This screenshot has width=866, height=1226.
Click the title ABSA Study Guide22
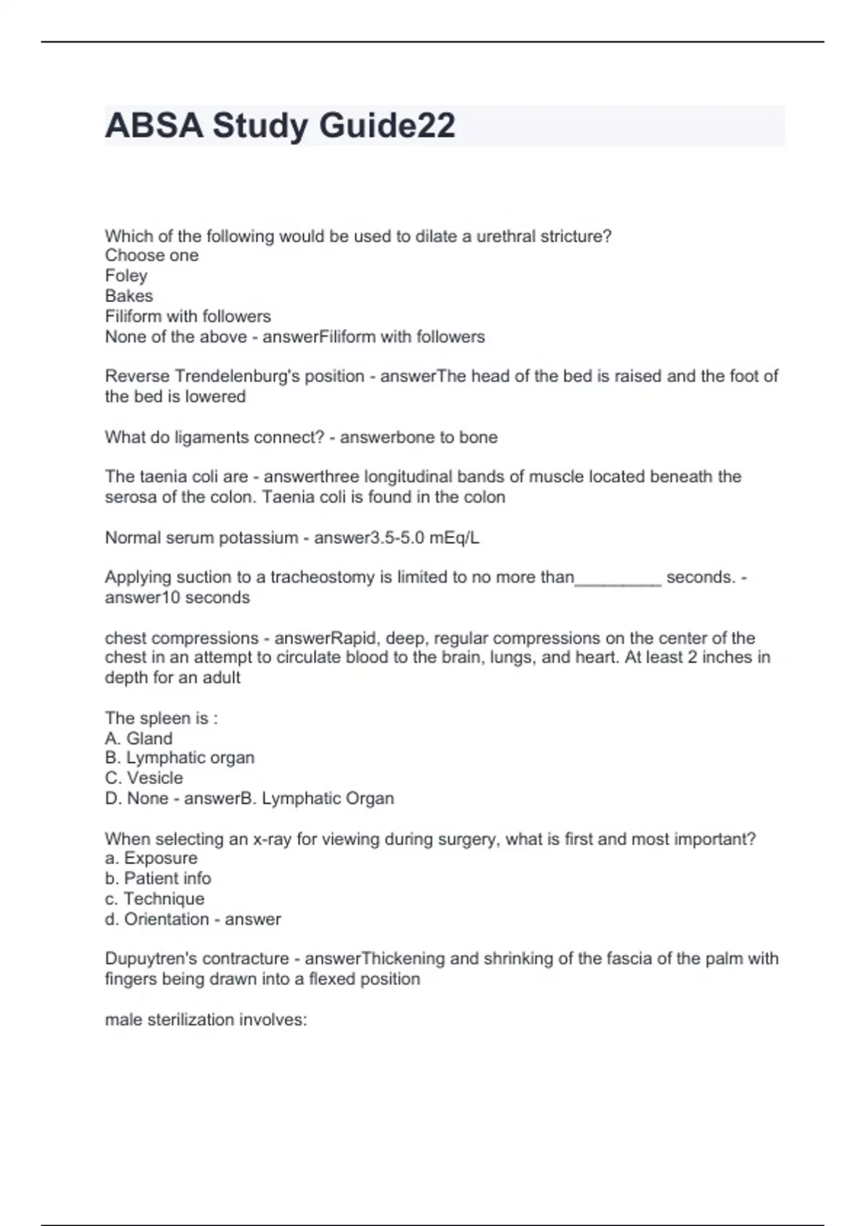coord(280,125)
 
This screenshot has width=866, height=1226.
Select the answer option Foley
coord(126,275)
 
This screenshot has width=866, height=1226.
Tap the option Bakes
coord(129,296)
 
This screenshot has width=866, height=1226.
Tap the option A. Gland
coord(139,738)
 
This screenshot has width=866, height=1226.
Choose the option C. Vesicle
coord(144,778)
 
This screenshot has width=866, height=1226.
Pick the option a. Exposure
coord(151,858)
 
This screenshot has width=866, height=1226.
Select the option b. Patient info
coord(158,878)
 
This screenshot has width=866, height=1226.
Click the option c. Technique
coord(154,899)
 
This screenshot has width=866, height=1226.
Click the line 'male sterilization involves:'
coord(206,1020)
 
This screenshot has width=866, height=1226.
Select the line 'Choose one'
coord(152,255)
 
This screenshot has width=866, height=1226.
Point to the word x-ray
coord(271,839)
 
